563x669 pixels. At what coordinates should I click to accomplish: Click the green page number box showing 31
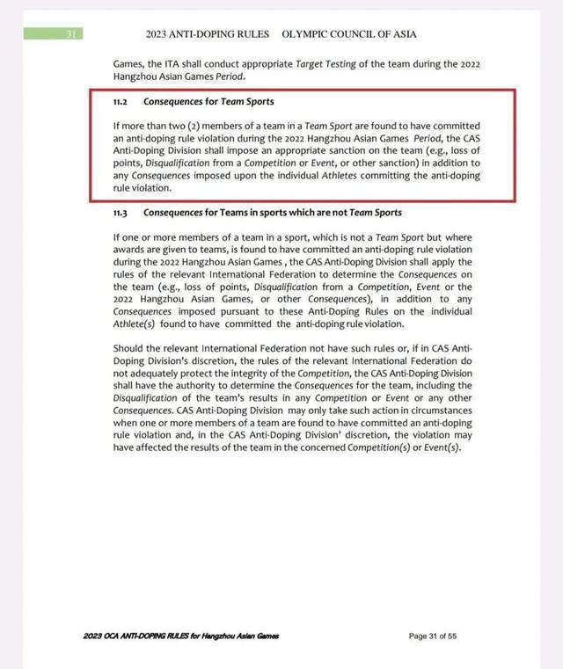pyautogui.click(x=52, y=34)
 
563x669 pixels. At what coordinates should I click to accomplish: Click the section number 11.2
pyautogui.click(x=121, y=102)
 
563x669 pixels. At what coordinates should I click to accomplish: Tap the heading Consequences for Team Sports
pyautogui.click(x=208, y=102)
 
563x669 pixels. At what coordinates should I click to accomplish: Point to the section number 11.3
pyautogui.click(x=121, y=214)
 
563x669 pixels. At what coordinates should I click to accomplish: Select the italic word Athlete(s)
pyautogui.click(x=136, y=324)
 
